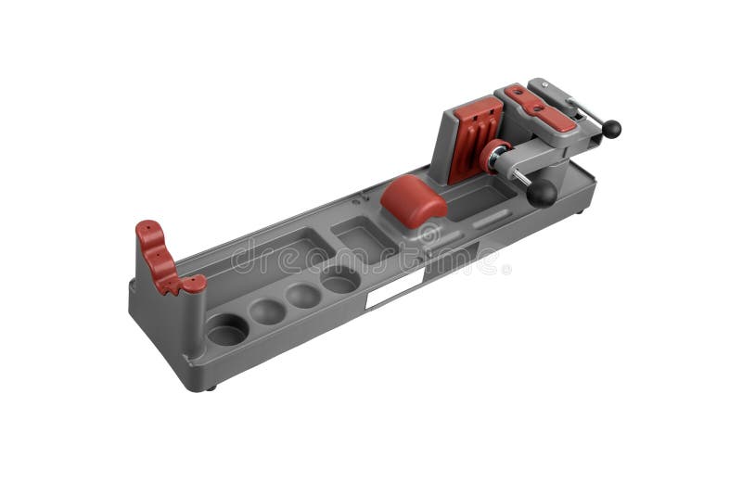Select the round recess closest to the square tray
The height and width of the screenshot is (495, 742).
[x=339, y=279]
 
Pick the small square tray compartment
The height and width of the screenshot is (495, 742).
[x=363, y=238]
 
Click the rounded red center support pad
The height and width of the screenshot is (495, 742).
[x=414, y=199]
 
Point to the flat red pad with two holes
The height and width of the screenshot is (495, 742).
[x=539, y=107]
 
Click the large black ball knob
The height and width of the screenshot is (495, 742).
[x=542, y=193]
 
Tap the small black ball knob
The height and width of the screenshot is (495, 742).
[x=611, y=129]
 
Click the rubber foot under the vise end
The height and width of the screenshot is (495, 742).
[x=581, y=211]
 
